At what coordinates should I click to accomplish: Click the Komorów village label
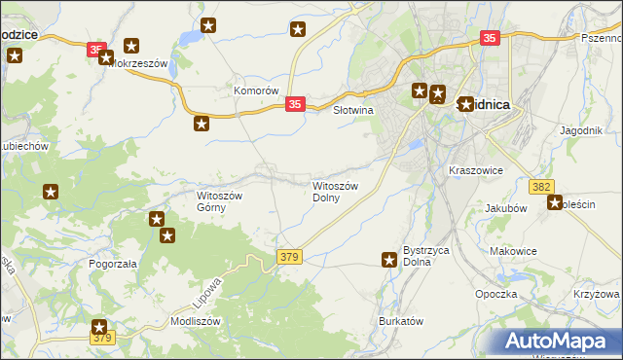pyautogui.click(x=257, y=90)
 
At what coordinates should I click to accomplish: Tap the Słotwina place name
pyautogui.click(x=354, y=111)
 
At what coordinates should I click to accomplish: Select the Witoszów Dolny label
pyautogui.click(x=337, y=191)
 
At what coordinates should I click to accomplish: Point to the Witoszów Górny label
pyautogui.click(x=226, y=200)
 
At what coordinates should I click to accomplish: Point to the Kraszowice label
pyautogui.click(x=475, y=170)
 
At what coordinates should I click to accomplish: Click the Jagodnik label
pyautogui.click(x=582, y=130)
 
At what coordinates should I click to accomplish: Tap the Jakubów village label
pyautogui.click(x=505, y=208)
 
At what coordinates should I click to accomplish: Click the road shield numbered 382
pyautogui.click(x=542, y=186)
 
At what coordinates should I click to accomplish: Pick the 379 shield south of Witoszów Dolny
pyautogui.click(x=289, y=257)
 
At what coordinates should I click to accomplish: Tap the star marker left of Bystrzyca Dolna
pyautogui.click(x=388, y=258)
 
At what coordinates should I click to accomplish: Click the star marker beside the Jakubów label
pyautogui.click(x=555, y=203)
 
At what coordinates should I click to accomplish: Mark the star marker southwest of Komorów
pyautogui.click(x=202, y=124)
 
